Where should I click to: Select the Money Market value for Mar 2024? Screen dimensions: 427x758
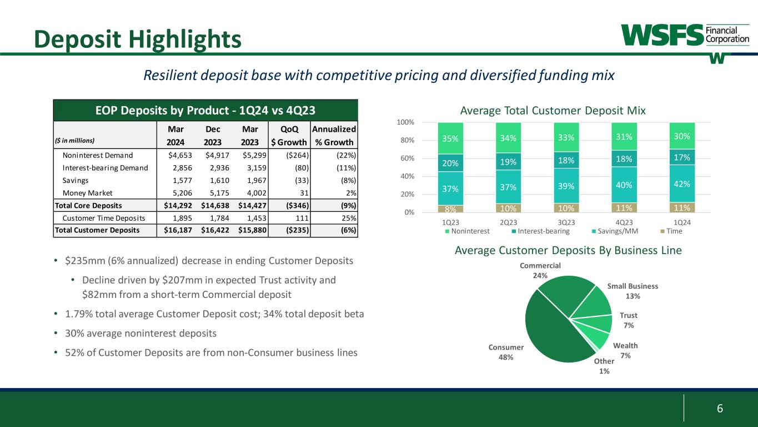pos(180,192)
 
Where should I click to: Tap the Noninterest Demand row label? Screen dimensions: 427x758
pos(98,155)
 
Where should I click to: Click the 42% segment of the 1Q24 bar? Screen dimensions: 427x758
pos(682,183)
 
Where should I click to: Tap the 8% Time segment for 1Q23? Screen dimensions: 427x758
pos(450,208)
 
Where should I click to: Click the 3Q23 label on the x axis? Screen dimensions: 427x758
pos(566,222)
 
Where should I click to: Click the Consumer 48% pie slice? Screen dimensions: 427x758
pos(550,334)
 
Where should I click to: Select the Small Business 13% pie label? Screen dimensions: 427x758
pos(632,291)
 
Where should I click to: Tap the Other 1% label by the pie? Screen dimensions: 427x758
pos(603,366)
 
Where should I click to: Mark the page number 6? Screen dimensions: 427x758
pos(720,409)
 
